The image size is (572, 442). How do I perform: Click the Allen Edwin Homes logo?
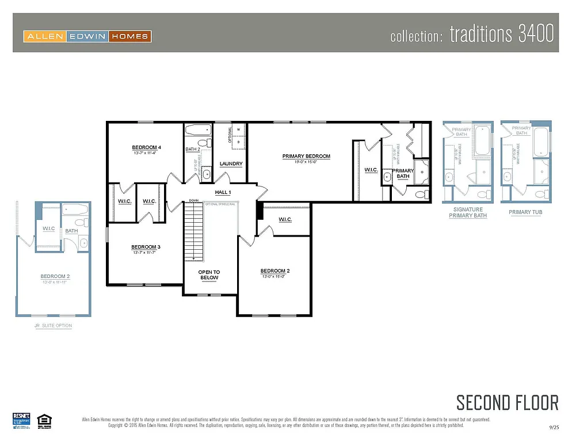87,36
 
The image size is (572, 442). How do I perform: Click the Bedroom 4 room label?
146,147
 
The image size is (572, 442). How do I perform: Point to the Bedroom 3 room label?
146,247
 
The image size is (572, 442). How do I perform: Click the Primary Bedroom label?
306,156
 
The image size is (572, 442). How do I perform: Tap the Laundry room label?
231,164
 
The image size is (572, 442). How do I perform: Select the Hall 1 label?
223,192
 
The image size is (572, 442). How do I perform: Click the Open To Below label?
209,275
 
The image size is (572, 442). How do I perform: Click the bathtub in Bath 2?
199,129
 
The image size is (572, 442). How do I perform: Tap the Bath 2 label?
193,150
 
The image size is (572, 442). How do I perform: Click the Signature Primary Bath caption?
468,212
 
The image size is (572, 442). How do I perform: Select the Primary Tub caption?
525,212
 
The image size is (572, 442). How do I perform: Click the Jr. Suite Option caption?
53,326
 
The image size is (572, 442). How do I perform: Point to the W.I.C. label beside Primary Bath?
371,170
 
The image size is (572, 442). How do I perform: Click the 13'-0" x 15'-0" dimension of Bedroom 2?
274,277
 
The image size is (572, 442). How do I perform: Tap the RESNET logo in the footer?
21,419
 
